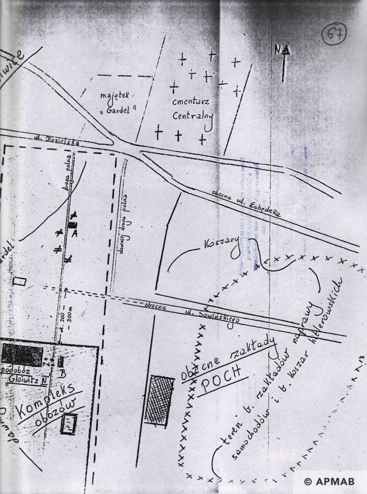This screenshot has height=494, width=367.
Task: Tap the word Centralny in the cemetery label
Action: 193,116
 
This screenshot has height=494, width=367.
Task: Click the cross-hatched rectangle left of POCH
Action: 160,401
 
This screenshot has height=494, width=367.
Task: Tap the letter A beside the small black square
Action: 76,233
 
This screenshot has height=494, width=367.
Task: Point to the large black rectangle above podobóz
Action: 22,355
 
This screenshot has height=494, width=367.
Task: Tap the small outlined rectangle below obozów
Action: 69,423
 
